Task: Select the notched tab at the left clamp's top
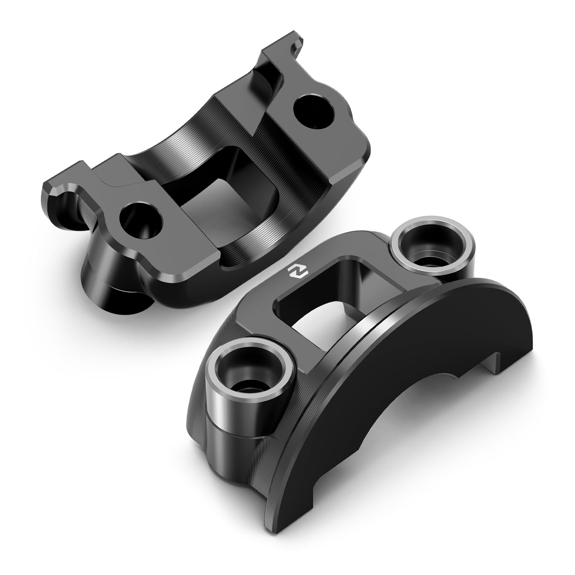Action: click(287, 47)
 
